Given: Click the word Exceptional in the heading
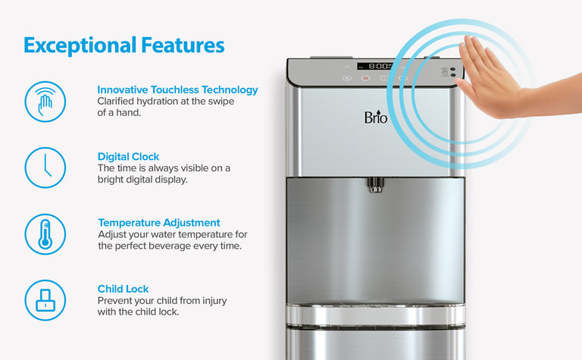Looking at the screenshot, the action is (x=80, y=45).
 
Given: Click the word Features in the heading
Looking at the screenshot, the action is (x=183, y=45).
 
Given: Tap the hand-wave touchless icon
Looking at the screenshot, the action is (x=45, y=102).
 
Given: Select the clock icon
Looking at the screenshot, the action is (x=45, y=167).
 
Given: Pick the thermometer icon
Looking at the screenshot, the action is (x=45, y=234).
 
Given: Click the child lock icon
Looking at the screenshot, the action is (x=45, y=300).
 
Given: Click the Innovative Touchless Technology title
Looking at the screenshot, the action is (x=177, y=90).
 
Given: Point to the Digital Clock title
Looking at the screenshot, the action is (x=128, y=157).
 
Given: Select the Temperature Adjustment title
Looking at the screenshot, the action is (x=159, y=223).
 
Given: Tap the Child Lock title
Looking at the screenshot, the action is (x=123, y=289).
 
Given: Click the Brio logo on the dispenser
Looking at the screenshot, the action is (x=376, y=117).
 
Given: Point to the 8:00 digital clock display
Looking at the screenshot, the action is (x=376, y=66).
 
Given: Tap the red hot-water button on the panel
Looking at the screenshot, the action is (x=365, y=78).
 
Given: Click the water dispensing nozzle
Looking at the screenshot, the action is (x=375, y=185).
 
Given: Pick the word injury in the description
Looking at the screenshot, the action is (x=214, y=301).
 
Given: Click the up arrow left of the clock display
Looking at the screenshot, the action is (x=346, y=67).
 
